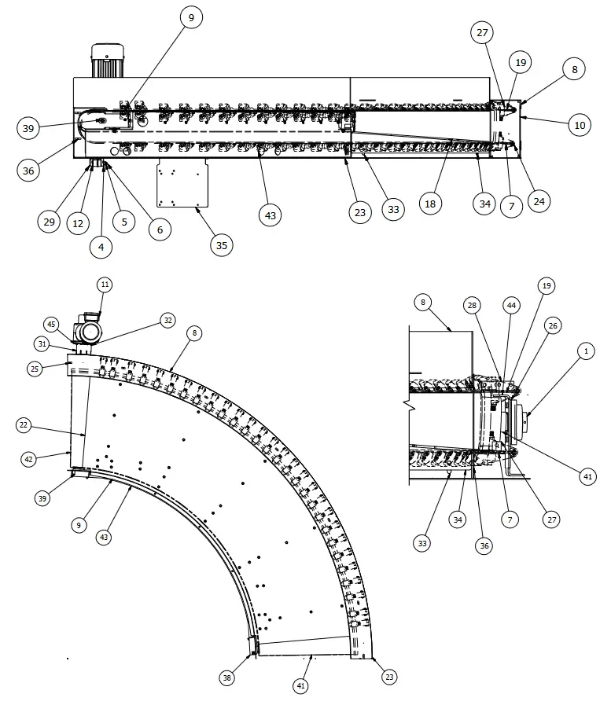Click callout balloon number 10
(x=580, y=125)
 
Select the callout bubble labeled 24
(x=539, y=200)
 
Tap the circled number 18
(x=430, y=203)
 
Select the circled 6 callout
(x=160, y=229)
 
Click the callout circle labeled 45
(x=51, y=324)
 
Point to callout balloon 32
(x=167, y=320)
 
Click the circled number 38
(x=226, y=677)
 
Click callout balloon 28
(x=472, y=304)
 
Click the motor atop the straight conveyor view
(x=109, y=61)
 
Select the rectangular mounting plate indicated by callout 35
(x=182, y=182)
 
